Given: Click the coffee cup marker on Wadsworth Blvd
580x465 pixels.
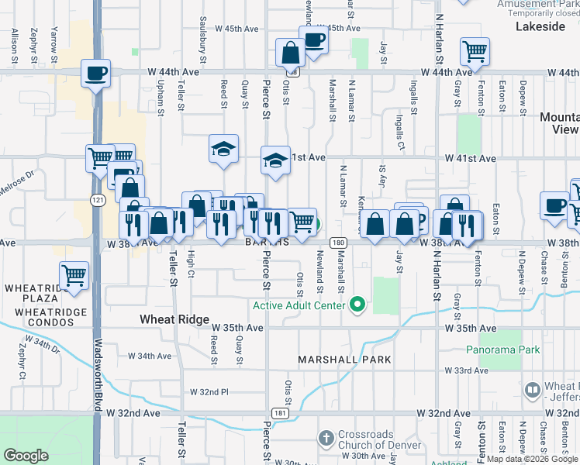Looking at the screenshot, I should click(x=96, y=74).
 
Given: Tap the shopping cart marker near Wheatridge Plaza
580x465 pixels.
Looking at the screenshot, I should click(x=74, y=275).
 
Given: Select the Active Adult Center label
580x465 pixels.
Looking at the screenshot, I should click(x=298, y=305).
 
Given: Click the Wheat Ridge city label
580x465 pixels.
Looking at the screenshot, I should click(x=174, y=319).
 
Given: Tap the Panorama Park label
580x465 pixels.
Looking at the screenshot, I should click(x=502, y=350).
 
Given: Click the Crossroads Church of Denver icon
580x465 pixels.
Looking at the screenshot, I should click(x=326, y=439).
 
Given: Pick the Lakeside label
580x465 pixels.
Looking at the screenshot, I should click(x=540, y=26).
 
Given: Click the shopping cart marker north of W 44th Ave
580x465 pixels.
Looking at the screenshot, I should click(x=475, y=52).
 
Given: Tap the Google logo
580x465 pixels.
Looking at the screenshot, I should click(x=26, y=456).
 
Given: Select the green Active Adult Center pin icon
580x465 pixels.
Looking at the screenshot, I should click(x=357, y=305).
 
